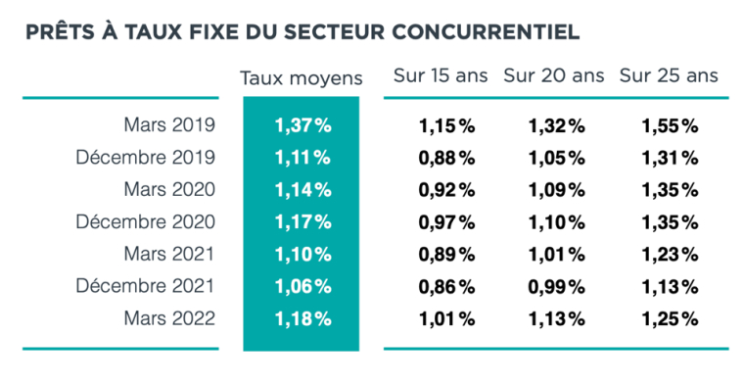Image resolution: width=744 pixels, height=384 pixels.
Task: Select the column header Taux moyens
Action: (x=302, y=77)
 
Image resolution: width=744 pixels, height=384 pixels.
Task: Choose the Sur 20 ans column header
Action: (x=554, y=75)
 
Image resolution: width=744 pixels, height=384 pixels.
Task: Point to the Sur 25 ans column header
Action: (x=669, y=75)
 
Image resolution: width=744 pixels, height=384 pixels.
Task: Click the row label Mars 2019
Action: (x=168, y=125)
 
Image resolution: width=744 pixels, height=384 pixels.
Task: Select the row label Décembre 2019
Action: (x=145, y=157)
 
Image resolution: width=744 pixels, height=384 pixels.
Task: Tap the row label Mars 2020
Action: (x=168, y=189)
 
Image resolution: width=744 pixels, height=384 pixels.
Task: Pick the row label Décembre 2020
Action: (x=145, y=221)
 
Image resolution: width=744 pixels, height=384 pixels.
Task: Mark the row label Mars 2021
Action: (x=168, y=254)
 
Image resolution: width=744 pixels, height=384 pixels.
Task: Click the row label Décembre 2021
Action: (x=145, y=286)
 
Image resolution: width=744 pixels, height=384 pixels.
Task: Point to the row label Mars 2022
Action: (x=168, y=318)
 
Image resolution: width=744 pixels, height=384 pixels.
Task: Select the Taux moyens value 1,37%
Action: (x=302, y=125)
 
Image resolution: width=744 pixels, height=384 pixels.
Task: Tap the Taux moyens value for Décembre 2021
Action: (x=302, y=286)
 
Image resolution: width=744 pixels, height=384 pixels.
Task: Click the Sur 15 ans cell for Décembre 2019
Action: (x=446, y=157)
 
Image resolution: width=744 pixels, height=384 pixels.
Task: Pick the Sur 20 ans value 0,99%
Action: (x=557, y=286)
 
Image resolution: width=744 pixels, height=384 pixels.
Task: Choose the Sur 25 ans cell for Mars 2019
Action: (x=670, y=125)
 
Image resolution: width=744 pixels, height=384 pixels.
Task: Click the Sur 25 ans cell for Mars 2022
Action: (x=670, y=318)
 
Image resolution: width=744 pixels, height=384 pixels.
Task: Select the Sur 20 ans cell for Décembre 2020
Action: (x=557, y=221)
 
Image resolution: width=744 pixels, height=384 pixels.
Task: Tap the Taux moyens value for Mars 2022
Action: (x=302, y=318)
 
